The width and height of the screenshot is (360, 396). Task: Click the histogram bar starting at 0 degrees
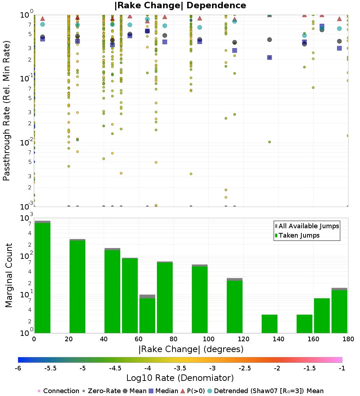pyautogui.click(x=42, y=277)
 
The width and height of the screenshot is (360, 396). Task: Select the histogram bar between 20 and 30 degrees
pyautogui.click(x=77, y=286)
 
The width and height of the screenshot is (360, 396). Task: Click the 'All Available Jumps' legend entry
pyautogui.click(x=307, y=226)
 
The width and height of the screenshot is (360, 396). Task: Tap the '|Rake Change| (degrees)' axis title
pyautogui.click(x=191, y=349)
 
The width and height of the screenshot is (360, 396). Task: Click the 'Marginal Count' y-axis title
pyautogui.click(x=9, y=275)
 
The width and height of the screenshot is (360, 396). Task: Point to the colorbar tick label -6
pyautogui.click(x=18, y=368)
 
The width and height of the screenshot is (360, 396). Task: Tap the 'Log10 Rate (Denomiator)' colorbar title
pyautogui.click(x=180, y=378)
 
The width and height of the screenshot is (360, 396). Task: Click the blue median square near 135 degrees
pyautogui.click(x=269, y=58)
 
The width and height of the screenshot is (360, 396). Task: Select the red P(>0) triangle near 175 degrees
pyautogui.click(x=339, y=19)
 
